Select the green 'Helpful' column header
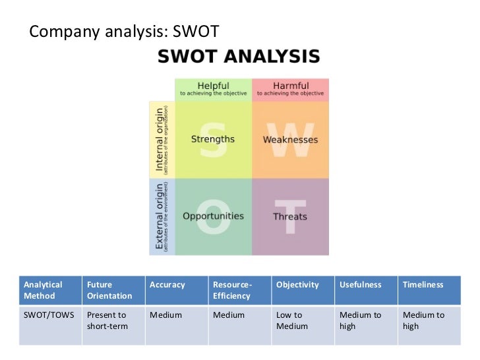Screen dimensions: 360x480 coord(213,88)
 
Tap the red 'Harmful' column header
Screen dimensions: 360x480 coord(290,88)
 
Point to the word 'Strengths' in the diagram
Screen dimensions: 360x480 coord(212,139)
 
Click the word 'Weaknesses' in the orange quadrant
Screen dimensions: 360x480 coord(290,140)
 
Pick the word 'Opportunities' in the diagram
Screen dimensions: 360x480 coord(213,216)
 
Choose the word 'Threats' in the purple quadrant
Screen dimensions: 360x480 coord(290,216)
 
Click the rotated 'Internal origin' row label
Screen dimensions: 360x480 coord(161,139)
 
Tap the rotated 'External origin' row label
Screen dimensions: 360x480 coord(161,216)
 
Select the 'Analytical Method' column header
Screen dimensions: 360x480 coord(44,290)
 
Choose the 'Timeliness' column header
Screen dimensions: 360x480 coord(423,285)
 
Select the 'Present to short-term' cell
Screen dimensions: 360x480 coord(107,320)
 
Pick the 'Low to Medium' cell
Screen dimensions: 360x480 coord(292,320)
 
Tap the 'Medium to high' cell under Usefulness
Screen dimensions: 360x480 coord(360,320)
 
